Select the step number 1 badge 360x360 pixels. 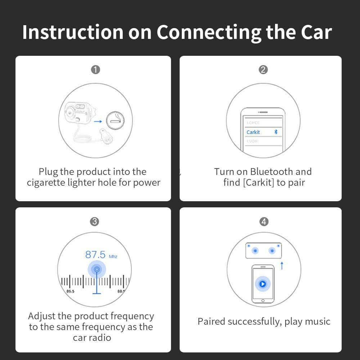pos(95,69)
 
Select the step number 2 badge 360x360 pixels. pos(263,69)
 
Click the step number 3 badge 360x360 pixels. pos(94,221)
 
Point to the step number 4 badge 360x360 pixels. pos(264,221)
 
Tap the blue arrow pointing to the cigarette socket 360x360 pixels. pos(98,122)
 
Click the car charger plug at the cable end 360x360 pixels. pos(106,136)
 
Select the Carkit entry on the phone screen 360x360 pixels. pos(253,132)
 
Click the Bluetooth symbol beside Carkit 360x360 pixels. pos(276,132)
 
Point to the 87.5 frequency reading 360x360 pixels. pos(95,255)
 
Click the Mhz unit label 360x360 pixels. pos(113,256)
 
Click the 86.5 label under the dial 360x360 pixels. pos(70,291)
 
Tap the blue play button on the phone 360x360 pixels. pos(263,284)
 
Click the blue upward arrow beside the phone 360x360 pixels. pos(282,266)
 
